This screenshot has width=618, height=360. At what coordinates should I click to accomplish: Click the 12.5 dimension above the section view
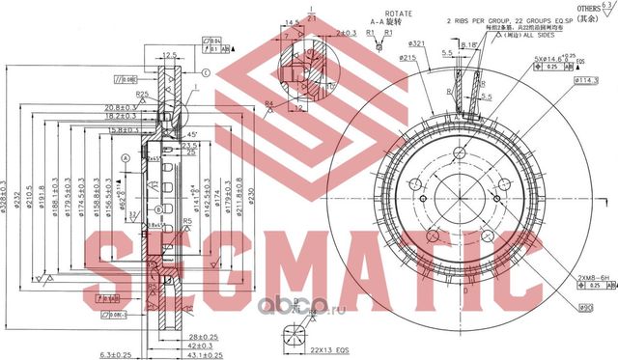click(169, 55)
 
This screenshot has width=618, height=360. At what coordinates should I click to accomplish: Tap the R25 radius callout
click(141, 94)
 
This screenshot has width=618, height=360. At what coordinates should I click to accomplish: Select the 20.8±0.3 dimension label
click(126, 107)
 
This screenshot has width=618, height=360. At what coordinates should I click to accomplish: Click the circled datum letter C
click(205, 73)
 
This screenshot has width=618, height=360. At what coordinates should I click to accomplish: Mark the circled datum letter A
click(126, 157)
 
